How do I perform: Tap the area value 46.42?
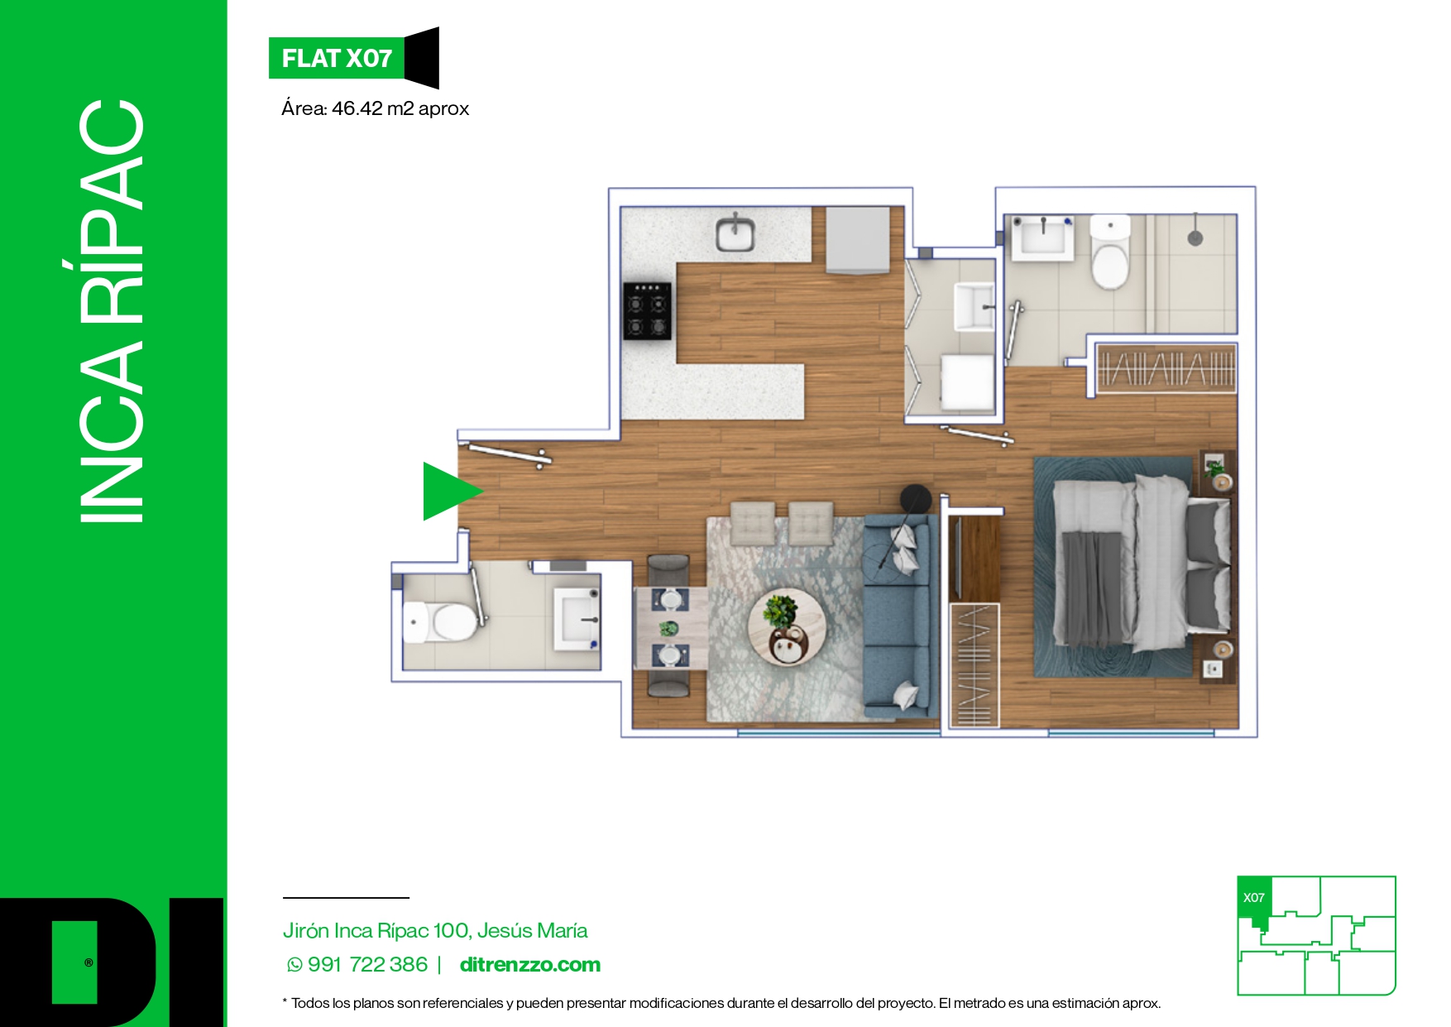357,108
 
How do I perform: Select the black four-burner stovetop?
647,311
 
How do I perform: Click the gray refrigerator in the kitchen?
858,240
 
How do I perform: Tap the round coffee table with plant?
787,626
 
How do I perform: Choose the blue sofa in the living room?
900,616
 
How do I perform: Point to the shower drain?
1195,238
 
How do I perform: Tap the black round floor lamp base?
916,500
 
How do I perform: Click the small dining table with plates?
671,627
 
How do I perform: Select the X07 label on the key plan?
1254,898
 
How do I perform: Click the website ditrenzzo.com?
530,965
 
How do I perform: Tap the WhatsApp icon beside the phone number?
295,965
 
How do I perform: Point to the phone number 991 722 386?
368,965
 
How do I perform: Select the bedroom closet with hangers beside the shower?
1166,367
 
